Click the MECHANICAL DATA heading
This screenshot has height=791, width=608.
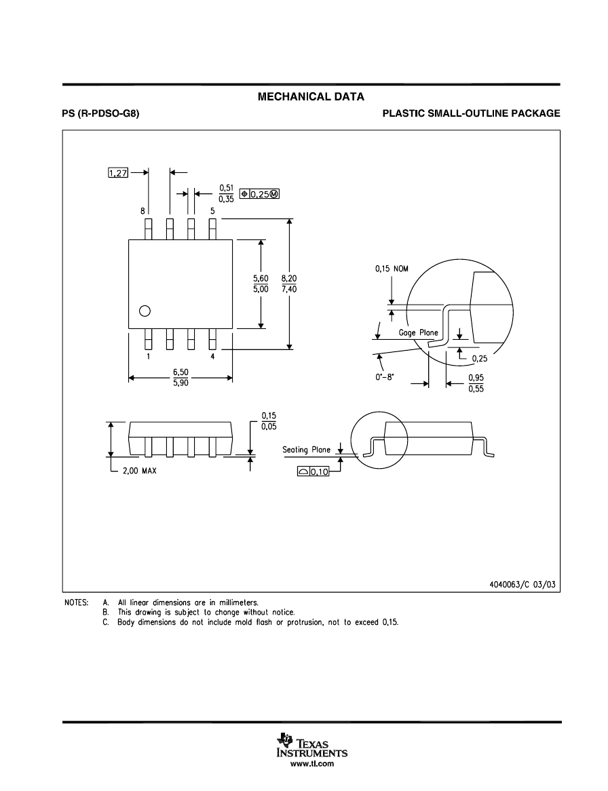311,97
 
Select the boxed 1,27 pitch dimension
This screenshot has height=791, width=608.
118,173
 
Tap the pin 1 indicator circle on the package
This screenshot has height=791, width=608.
144,311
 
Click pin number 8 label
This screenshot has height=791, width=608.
143,212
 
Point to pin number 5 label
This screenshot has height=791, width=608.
212,212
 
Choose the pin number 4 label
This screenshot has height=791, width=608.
212,357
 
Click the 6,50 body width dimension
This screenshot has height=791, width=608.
180,372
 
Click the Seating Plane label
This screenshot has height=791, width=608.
307,450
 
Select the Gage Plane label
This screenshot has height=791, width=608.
418,333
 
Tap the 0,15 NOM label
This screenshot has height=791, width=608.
393,269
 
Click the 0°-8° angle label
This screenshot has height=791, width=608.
384,373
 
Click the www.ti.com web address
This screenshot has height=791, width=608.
312,764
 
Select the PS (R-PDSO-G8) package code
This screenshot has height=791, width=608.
101,114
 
